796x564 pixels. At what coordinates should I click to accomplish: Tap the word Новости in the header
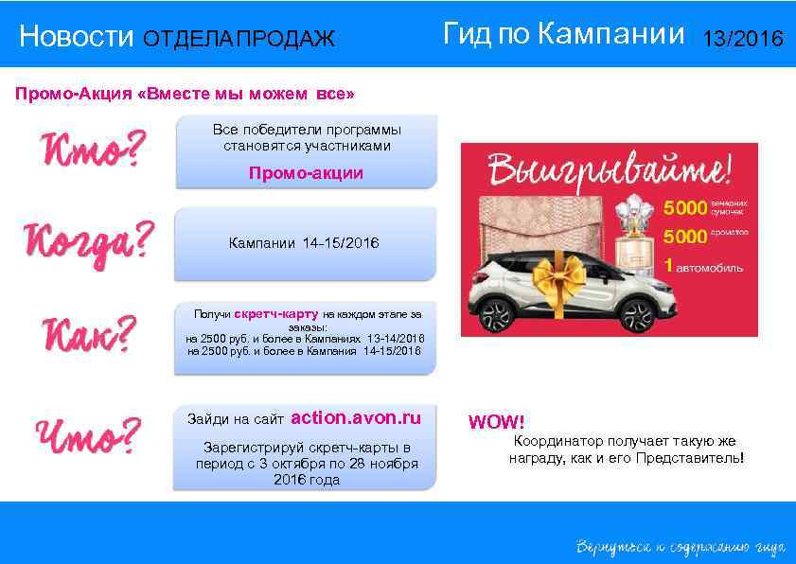pos(77,38)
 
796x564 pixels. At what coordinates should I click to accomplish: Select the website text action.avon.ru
pos(356,417)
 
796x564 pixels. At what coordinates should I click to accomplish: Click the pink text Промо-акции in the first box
pos(305,174)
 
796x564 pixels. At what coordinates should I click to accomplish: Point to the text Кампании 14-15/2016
pos(304,244)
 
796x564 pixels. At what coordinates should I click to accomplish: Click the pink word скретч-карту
pos(276,312)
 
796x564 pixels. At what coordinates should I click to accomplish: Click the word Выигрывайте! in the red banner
pos(609,171)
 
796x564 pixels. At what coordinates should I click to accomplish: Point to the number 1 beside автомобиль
pos(668,267)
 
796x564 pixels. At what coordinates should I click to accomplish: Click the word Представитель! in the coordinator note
pos(698,458)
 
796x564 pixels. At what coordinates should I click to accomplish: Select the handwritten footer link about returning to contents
pos(679,547)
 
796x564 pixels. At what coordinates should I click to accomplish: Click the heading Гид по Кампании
pos(562,36)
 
